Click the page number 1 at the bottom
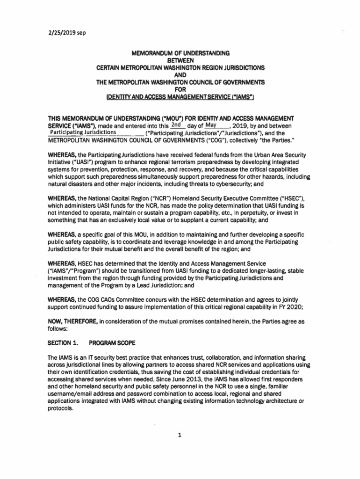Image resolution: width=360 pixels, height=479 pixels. [180, 435]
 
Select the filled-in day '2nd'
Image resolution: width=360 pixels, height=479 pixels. [176, 125]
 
